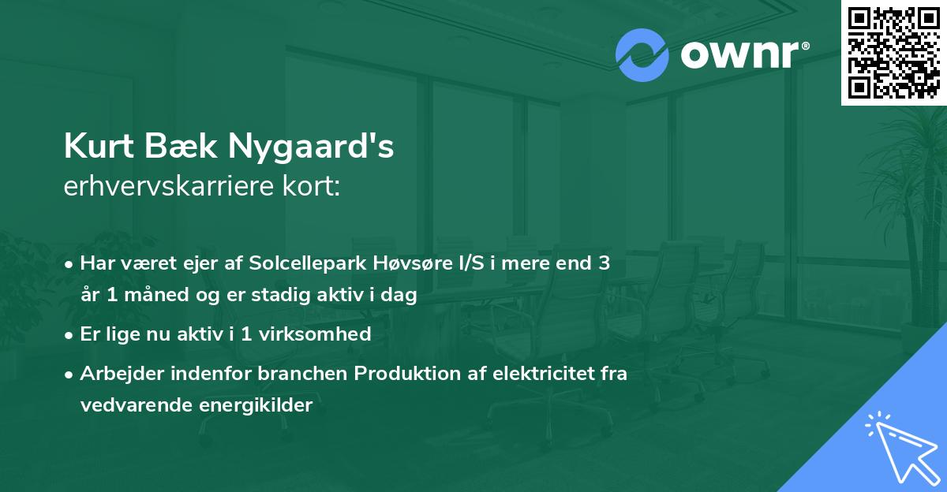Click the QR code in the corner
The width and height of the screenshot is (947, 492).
tap(893, 53)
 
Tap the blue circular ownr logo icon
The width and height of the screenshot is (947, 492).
tap(642, 55)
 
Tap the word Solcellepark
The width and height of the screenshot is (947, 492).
tap(308, 263)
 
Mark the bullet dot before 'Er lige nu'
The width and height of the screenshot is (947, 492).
tap(70, 334)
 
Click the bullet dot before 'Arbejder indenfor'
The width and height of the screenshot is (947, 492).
tap(70, 374)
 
